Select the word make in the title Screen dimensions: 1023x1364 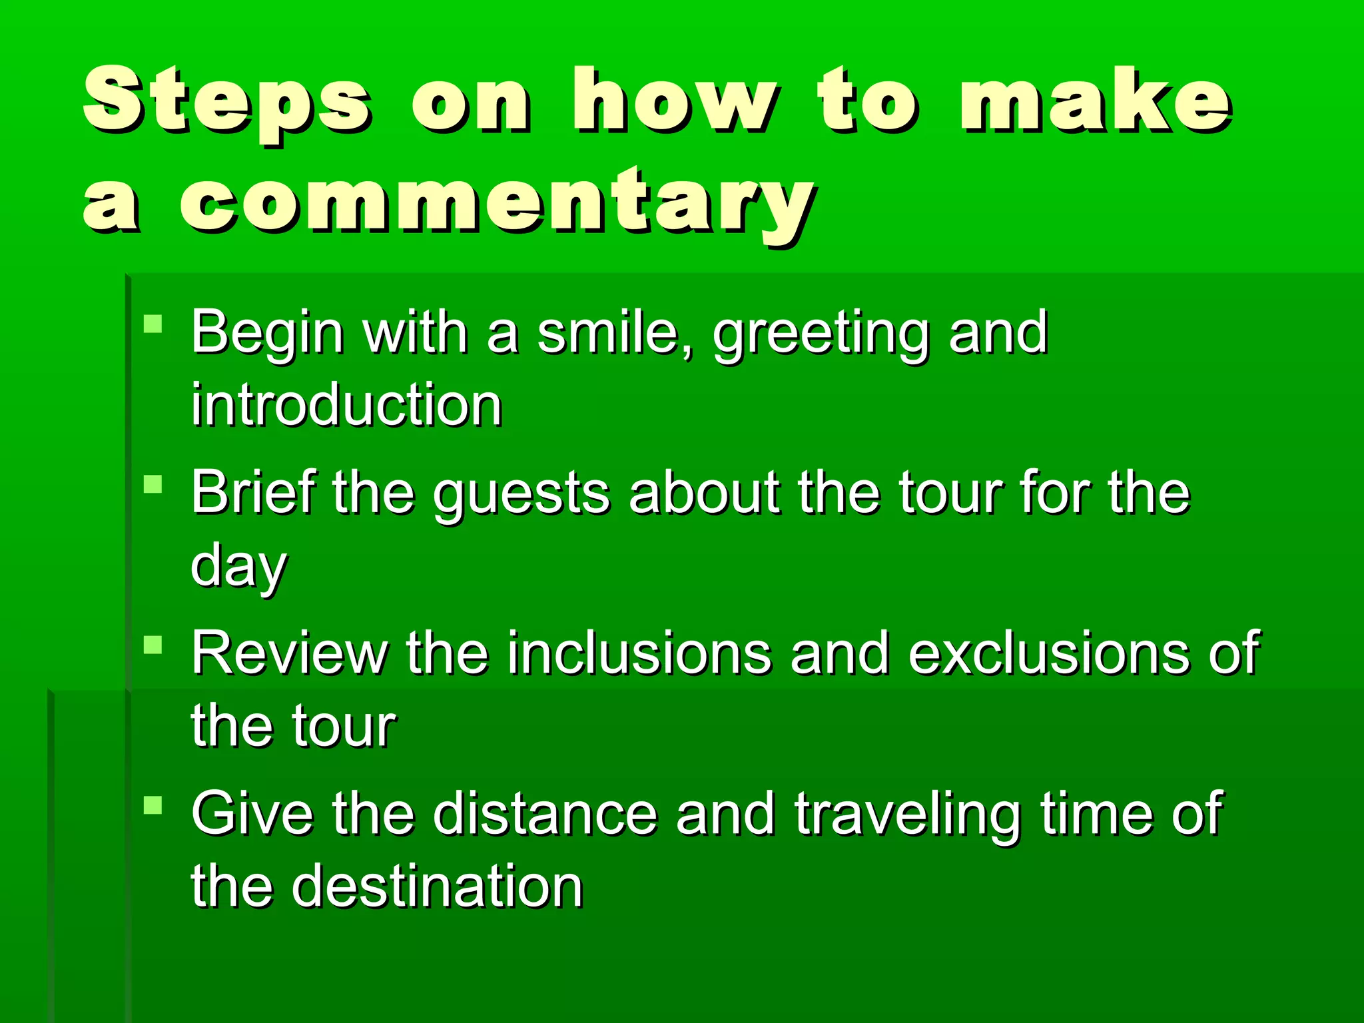(1096, 100)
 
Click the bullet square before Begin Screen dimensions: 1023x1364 (153, 324)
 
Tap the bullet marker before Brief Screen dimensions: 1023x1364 (153, 484)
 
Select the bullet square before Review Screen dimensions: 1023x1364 (153, 645)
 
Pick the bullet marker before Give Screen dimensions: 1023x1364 (153, 805)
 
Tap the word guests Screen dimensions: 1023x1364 (521, 494)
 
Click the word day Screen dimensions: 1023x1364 (238, 566)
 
